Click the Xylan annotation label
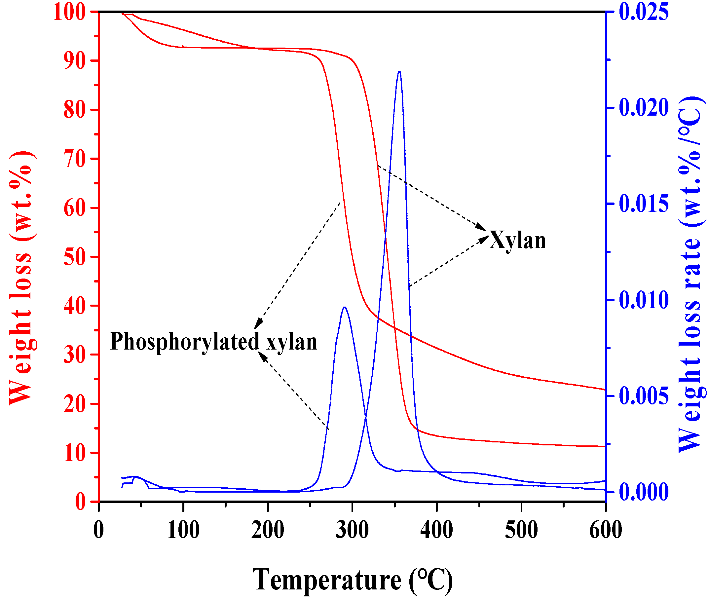517,241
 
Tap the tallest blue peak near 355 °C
399,72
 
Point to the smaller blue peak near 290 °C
345,308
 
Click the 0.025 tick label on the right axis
643,12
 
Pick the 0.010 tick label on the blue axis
643,300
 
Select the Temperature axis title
352,580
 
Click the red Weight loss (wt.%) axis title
21,278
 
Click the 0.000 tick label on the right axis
643,492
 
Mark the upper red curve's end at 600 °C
604,390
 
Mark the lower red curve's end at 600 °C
604,446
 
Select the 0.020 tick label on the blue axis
643,108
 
